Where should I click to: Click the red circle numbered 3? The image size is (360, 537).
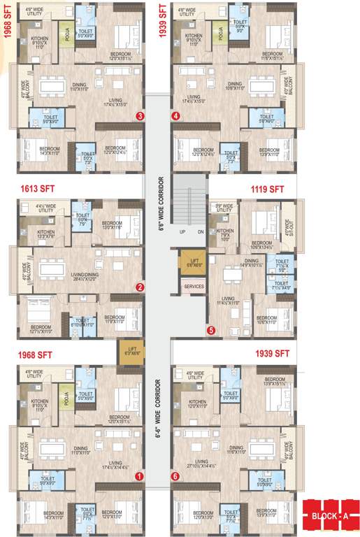[141, 116]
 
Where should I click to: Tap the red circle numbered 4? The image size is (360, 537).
[176, 116]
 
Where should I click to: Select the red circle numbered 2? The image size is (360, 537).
[140, 287]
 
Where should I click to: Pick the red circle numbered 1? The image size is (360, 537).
[139, 476]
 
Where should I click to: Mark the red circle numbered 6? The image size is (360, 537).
[175, 476]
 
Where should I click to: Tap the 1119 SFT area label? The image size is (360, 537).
[268, 189]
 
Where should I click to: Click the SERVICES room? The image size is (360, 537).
[194, 287]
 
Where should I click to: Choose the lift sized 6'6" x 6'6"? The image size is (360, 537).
[193, 262]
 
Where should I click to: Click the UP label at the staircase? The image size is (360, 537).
[181, 231]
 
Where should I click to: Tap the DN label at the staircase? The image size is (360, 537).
[201, 231]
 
